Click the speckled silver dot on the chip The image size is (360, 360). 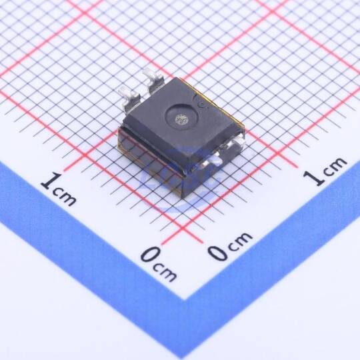click(181, 119)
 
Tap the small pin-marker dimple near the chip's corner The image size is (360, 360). click(202, 105)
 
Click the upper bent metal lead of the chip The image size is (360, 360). click(153, 81)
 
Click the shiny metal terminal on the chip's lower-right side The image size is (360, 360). click(213, 160)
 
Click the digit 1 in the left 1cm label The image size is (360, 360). click(51, 181)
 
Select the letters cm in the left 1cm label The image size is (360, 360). click(65, 197)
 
